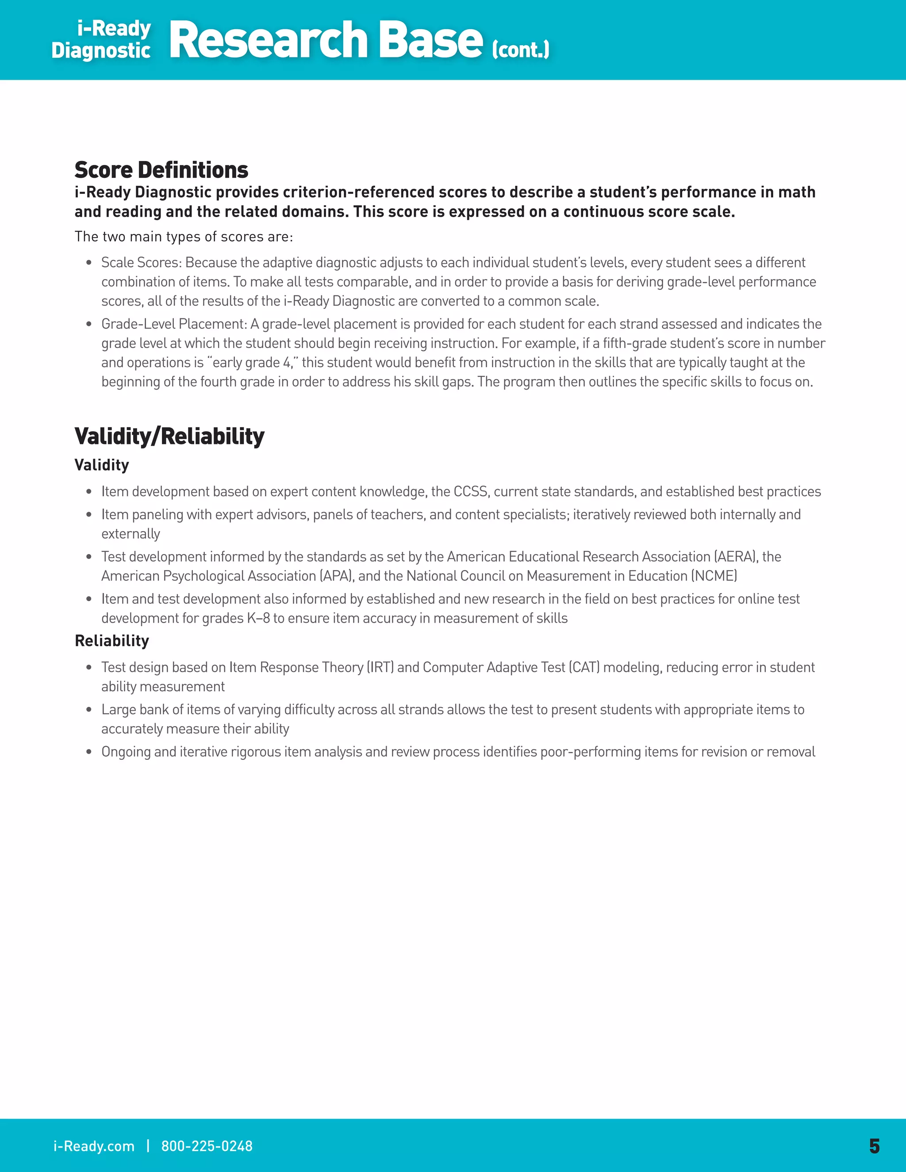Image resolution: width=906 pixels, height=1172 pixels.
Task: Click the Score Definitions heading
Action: (x=161, y=170)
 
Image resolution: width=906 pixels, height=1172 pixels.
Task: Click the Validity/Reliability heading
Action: (x=169, y=436)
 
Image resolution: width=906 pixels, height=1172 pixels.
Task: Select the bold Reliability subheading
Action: (x=111, y=641)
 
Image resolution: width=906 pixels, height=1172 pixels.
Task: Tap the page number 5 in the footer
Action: (x=874, y=1146)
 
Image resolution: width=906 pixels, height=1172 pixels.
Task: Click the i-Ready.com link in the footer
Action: (x=94, y=1146)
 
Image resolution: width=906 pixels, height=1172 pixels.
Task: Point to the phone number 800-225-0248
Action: (x=207, y=1146)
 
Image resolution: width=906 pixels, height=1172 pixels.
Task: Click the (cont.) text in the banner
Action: (x=521, y=50)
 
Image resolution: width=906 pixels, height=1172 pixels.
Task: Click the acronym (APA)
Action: (x=337, y=576)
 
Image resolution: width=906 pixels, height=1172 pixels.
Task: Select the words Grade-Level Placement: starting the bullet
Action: (x=173, y=324)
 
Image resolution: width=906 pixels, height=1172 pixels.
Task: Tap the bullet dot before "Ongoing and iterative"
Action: (x=88, y=752)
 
